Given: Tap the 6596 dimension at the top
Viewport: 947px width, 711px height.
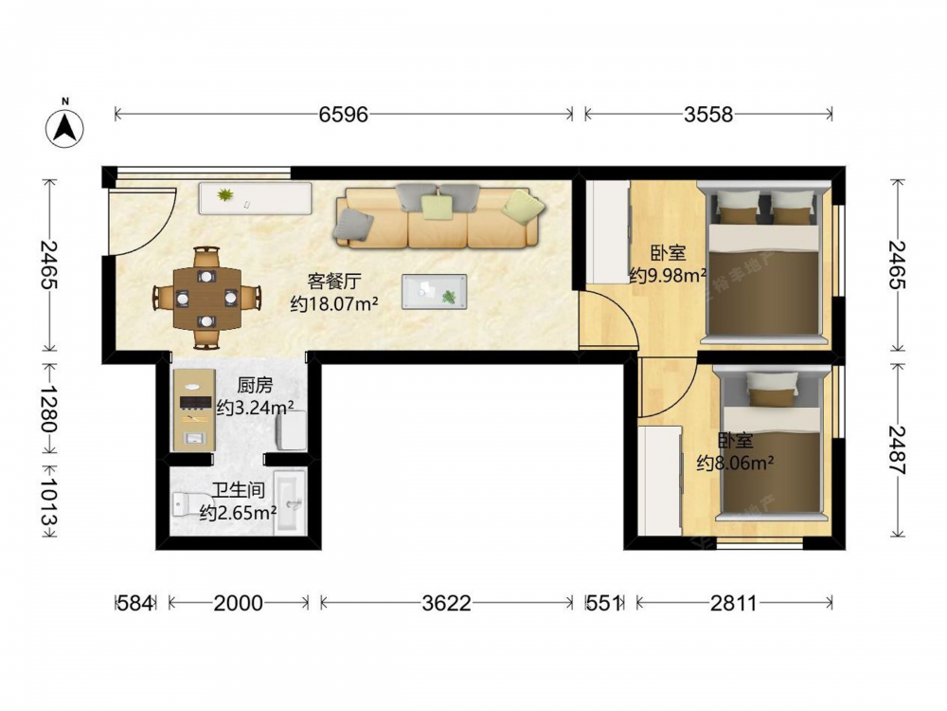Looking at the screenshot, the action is pyautogui.click(x=343, y=114).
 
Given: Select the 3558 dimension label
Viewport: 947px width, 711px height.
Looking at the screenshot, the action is pyautogui.click(x=707, y=114).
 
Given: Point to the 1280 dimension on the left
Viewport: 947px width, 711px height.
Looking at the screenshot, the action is pyautogui.click(x=49, y=408).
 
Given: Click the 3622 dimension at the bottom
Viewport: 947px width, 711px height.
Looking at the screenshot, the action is pyautogui.click(x=446, y=603).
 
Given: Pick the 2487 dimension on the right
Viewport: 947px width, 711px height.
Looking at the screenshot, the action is pyautogui.click(x=898, y=450).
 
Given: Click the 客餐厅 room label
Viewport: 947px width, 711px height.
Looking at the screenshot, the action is pyautogui.click(x=334, y=281).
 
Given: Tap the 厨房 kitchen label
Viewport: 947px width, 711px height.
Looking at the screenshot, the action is pyautogui.click(x=255, y=385).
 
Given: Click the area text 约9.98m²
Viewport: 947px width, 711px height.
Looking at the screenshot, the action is pyautogui.click(x=668, y=276).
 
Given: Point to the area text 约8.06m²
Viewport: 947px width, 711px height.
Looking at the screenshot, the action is pyautogui.click(x=736, y=464).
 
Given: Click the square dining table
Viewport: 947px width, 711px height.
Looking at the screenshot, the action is pyautogui.click(x=206, y=298).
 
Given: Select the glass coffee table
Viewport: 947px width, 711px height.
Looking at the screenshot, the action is pyautogui.click(x=435, y=291).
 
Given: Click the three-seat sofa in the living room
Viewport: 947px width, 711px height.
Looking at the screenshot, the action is pyautogui.click(x=438, y=217).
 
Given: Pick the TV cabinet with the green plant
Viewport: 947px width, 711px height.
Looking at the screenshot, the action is pyautogui.click(x=255, y=198).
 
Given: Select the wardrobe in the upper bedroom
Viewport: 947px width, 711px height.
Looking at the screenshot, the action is pyautogui.click(x=607, y=231).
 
